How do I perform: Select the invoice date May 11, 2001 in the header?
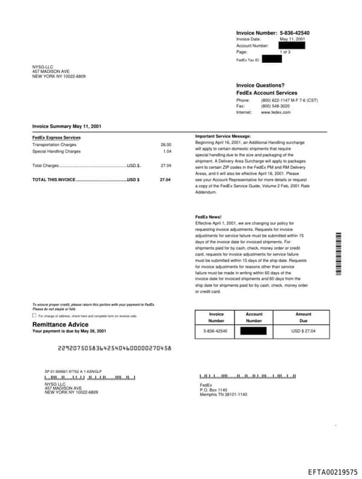click(x=292, y=39)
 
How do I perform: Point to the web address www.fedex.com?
click(x=276, y=112)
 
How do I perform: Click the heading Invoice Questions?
click(x=260, y=85)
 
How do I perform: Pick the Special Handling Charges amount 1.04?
click(x=167, y=151)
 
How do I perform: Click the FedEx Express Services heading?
click(x=57, y=138)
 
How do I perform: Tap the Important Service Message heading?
click(x=223, y=136)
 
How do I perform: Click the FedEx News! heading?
click(x=208, y=217)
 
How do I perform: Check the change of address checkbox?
click(x=35, y=316)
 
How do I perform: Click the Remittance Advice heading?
click(x=61, y=324)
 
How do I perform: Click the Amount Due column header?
click(x=303, y=317)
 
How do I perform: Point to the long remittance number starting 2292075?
click(x=115, y=348)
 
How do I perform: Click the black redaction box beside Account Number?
click(x=292, y=45)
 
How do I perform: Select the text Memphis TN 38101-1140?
click(x=223, y=394)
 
